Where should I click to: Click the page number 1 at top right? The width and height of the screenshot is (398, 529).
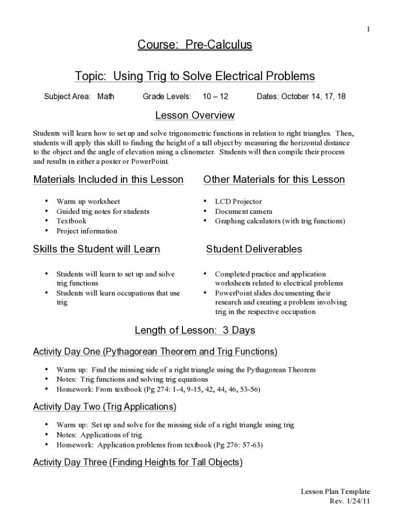(368, 29)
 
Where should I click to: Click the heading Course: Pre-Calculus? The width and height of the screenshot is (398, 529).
(194, 45)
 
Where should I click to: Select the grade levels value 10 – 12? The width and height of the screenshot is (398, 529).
(215, 97)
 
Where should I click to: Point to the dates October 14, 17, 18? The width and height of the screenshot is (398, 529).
(301, 97)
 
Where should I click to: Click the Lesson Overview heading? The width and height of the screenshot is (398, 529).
(195, 115)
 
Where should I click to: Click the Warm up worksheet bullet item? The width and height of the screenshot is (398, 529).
(88, 201)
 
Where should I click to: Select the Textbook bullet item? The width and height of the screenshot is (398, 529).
(71, 221)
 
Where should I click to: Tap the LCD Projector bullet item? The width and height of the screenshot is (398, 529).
(238, 201)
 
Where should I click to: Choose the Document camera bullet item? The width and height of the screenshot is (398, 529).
(243, 211)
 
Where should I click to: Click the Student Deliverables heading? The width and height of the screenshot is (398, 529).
(254, 249)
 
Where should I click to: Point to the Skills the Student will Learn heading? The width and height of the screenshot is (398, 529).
(97, 249)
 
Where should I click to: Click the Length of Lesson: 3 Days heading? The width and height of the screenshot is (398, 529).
(195, 330)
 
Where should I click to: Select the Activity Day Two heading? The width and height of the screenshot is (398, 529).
(104, 407)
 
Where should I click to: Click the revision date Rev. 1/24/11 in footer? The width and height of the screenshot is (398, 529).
(349, 501)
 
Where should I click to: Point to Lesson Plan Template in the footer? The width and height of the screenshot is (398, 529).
(335, 492)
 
